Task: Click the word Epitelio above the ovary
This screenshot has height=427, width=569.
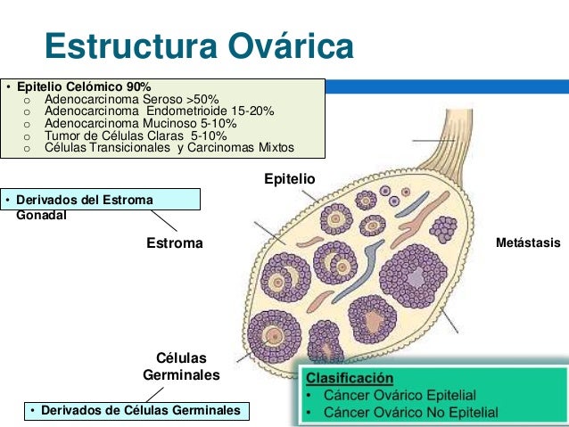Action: [289, 179]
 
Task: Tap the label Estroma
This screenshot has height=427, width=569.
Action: [174, 242]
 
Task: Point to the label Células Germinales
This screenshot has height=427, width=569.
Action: [181, 367]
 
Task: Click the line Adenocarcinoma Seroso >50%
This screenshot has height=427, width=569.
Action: [130, 99]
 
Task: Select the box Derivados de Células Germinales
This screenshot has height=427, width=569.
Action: [135, 410]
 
